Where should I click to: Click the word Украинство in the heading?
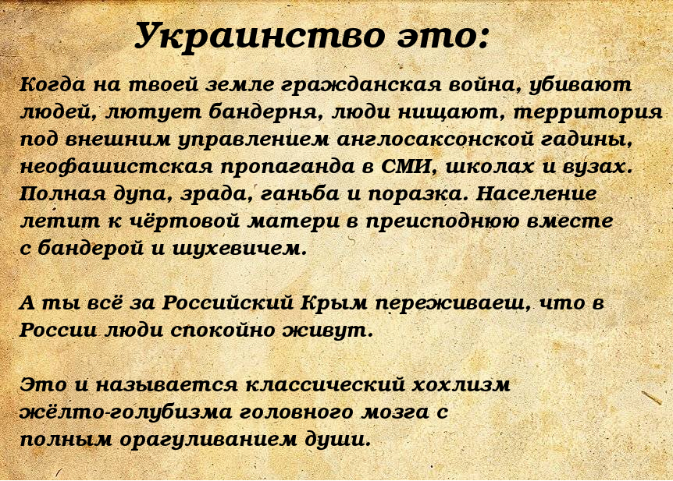point(259,36)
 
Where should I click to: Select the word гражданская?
point(361,85)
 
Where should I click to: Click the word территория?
point(588,113)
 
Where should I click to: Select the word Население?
point(536,194)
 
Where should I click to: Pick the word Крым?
point(334,303)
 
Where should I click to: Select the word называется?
point(166,384)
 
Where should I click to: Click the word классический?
point(326,384)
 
